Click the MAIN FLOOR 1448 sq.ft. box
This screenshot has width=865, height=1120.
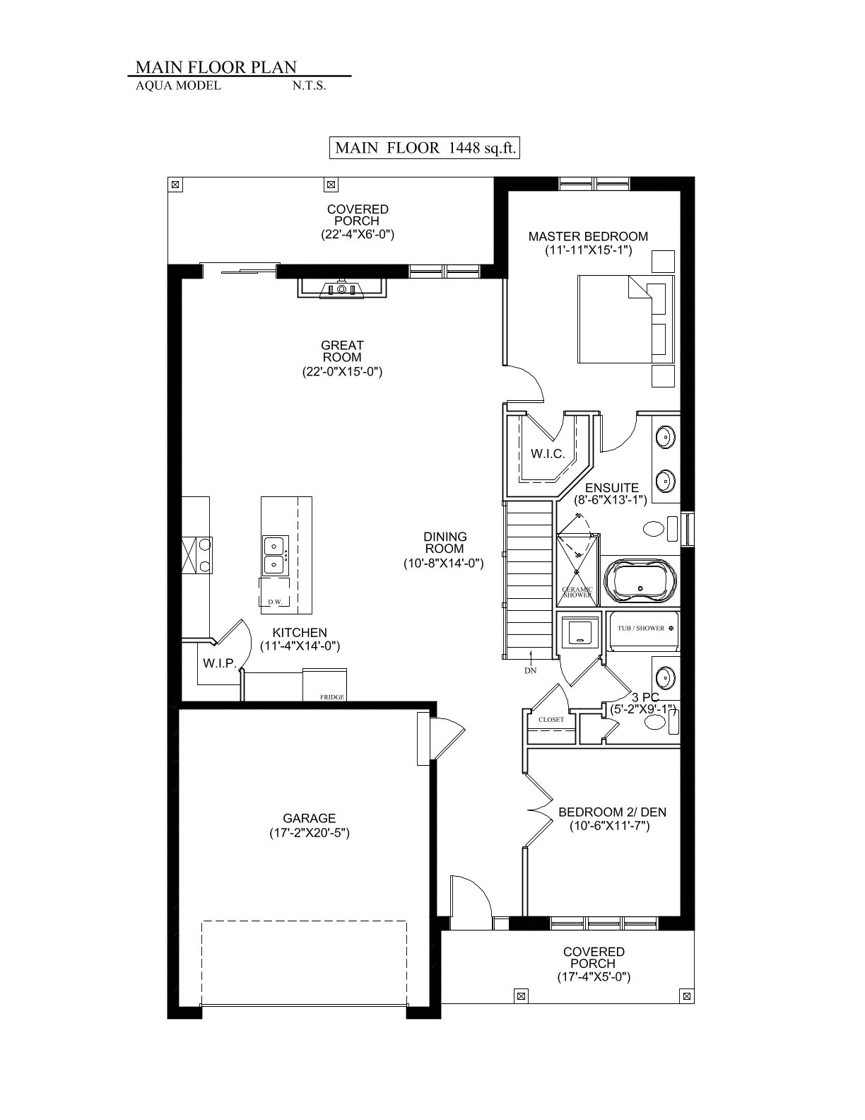point(425,148)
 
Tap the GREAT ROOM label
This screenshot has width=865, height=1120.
point(342,351)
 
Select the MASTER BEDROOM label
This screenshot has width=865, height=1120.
point(588,237)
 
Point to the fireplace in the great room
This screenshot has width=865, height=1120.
point(341,288)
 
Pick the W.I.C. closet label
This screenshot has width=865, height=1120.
point(548,453)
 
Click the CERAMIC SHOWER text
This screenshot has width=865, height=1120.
point(577,593)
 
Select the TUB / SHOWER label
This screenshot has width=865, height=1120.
point(641,629)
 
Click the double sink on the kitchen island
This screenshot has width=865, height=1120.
point(276,555)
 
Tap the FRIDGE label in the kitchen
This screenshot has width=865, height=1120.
point(331,697)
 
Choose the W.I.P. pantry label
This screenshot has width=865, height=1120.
point(219,663)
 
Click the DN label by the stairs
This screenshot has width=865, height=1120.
point(530,670)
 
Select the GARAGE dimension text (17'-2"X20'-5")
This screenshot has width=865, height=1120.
point(309,833)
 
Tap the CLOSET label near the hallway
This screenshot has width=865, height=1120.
point(551,720)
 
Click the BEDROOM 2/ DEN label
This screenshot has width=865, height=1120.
point(612,812)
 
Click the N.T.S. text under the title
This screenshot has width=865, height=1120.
point(309,86)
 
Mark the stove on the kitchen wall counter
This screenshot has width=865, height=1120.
point(196,555)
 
